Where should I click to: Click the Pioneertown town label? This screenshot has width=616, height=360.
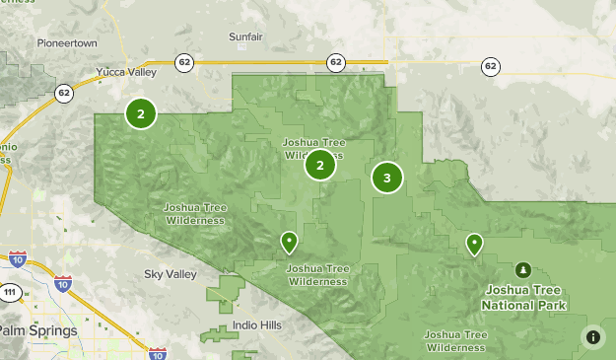(68, 43)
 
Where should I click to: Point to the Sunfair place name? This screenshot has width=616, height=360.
(246, 37)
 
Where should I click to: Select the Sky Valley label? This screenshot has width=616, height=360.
(171, 274)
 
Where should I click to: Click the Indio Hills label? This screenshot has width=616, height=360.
(257, 325)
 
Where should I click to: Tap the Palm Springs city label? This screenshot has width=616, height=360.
(37, 331)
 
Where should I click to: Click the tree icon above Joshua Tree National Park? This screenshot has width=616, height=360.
(522, 269)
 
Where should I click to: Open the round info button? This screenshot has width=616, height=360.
(593, 336)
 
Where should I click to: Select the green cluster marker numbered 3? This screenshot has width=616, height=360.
(387, 178)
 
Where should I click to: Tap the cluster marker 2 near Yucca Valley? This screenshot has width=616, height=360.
(141, 113)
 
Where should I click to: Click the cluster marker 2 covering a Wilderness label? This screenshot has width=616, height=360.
(320, 165)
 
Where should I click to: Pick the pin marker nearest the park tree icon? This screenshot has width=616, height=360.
(474, 243)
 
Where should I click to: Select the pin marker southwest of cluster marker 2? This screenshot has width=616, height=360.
(289, 241)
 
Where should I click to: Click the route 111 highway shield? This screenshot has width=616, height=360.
(10, 293)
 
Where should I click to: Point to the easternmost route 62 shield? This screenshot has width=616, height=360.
(491, 66)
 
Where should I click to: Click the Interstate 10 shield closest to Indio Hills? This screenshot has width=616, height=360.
(157, 352)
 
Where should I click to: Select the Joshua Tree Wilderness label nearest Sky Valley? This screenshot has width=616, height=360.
(194, 214)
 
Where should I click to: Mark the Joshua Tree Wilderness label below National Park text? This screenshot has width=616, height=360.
(455, 340)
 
